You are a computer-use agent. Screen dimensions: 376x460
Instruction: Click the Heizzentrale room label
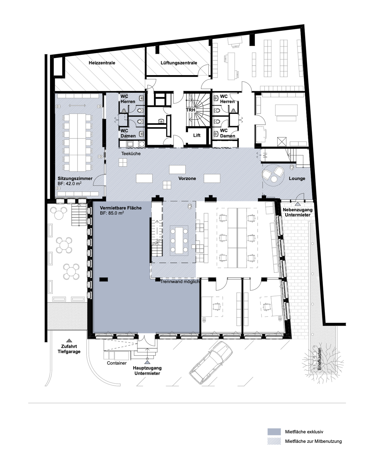(102, 63)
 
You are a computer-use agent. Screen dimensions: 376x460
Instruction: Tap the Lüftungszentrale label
(179, 63)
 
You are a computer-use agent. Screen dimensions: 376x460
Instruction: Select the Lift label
(197, 135)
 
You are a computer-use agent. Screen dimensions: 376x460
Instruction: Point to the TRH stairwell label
(191, 110)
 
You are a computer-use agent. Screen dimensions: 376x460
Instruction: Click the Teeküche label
(131, 154)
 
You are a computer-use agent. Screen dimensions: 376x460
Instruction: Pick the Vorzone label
(187, 178)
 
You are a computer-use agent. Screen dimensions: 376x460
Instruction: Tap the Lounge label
(297, 178)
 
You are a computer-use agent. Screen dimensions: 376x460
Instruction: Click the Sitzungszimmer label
(75, 178)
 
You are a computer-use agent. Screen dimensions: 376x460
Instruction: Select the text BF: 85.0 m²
(112, 213)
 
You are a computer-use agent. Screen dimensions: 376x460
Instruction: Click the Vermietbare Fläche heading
(121, 208)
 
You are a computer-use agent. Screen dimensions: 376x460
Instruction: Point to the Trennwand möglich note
(180, 282)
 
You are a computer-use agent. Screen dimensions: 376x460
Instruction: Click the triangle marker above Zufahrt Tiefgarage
(69, 340)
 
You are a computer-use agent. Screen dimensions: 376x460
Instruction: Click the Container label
(117, 363)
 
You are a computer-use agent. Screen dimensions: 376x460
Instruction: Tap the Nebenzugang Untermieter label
(298, 212)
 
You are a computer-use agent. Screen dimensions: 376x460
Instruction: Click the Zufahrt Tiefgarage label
(69, 349)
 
